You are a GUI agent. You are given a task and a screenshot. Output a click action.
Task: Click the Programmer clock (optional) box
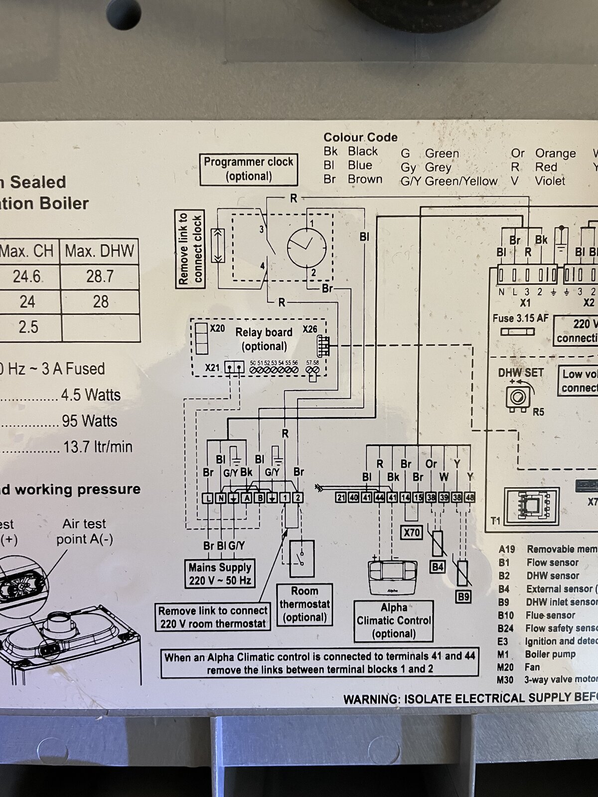(x=249, y=169)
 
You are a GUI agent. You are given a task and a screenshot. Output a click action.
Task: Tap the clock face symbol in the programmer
(x=306, y=247)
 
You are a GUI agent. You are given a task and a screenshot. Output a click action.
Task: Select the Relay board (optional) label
(x=264, y=339)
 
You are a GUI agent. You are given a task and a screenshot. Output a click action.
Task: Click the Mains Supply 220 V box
(x=220, y=574)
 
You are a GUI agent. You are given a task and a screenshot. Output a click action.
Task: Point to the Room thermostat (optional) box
(x=304, y=604)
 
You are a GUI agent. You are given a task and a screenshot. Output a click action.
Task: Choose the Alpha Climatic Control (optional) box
(x=394, y=621)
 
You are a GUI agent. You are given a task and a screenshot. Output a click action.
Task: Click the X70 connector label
(x=412, y=532)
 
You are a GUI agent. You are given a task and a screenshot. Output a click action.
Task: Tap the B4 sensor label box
(x=438, y=566)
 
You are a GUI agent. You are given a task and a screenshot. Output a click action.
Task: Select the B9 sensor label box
(x=463, y=596)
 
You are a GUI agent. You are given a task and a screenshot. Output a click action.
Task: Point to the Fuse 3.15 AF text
(x=520, y=318)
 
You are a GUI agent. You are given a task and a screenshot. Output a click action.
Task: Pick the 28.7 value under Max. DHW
(x=100, y=276)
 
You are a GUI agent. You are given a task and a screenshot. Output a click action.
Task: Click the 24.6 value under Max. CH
(x=27, y=276)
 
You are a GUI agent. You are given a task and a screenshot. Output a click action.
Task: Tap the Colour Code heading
(x=360, y=137)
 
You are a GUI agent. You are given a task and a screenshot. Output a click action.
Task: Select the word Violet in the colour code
(x=550, y=181)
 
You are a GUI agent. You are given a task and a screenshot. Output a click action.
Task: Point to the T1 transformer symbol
(x=531, y=506)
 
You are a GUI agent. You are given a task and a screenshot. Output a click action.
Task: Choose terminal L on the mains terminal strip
(x=208, y=498)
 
